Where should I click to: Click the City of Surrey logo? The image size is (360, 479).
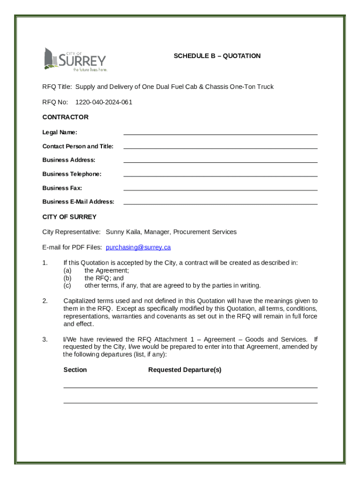75,59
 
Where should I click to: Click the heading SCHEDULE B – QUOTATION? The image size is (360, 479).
217,56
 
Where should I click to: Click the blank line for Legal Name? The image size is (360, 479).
220,134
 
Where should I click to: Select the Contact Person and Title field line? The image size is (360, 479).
220,148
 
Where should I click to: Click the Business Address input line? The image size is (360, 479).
220,162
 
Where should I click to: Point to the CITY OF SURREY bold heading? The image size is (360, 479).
69,217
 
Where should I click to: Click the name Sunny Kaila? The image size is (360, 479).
123,232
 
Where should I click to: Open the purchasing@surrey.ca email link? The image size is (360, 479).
138,247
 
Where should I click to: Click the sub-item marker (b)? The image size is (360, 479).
67,278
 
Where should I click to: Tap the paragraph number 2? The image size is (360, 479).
45,301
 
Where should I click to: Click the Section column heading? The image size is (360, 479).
75,370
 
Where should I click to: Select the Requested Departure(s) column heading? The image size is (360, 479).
185,370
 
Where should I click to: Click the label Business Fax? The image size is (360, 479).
62,188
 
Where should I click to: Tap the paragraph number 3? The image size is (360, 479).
45,340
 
